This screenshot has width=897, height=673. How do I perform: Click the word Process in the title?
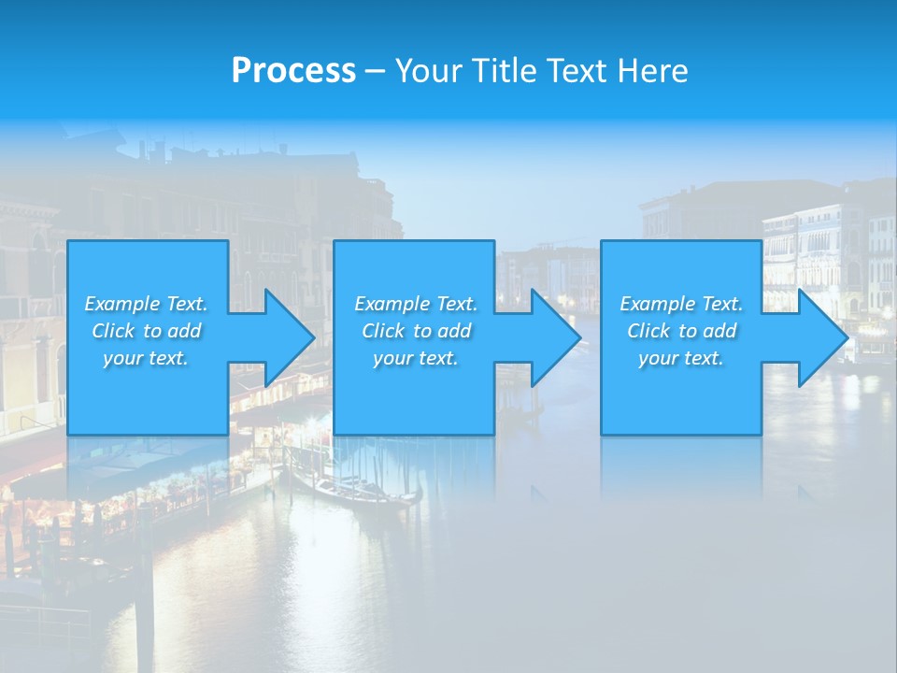(x=293, y=71)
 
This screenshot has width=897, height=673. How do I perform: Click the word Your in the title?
(x=427, y=71)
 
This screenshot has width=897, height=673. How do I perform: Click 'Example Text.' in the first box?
(x=146, y=304)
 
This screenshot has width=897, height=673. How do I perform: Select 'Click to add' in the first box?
(x=146, y=331)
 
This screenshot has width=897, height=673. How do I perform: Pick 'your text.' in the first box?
(x=146, y=358)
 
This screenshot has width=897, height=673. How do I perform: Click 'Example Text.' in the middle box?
(x=416, y=304)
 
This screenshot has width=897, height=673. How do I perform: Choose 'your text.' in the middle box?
(x=416, y=358)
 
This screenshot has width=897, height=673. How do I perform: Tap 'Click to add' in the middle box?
(x=416, y=331)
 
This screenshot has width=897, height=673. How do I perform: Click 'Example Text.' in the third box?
(x=681, y=304)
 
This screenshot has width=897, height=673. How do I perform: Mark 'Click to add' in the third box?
(x=681, y=331)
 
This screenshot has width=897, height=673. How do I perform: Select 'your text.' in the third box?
(x=681, y=358)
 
